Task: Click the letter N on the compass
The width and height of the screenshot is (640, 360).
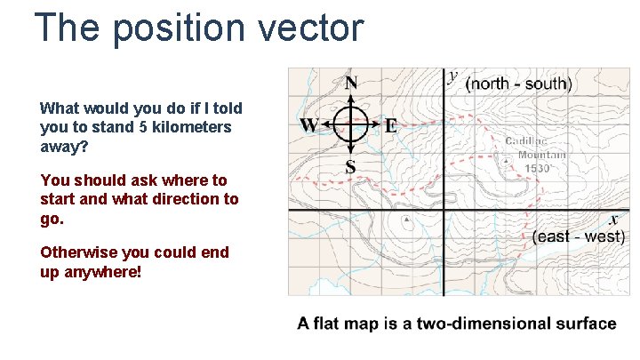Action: [351, 84]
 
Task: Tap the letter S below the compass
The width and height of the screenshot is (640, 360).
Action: [350, 166]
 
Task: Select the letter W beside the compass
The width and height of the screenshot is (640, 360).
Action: [309, 125]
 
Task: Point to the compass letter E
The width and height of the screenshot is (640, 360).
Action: [391, 125]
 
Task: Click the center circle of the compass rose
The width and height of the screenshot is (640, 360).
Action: [351, 124]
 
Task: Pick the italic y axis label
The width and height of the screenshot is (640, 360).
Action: [453, 76]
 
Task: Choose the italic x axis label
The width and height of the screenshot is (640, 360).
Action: [613, 220]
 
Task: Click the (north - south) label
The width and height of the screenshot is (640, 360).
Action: [519, 84]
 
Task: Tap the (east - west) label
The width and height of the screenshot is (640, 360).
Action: [579, 236]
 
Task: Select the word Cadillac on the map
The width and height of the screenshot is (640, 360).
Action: [526, 141]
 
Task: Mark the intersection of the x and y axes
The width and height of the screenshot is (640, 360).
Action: [443, 211]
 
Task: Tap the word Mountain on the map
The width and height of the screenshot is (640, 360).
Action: [536, 155]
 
